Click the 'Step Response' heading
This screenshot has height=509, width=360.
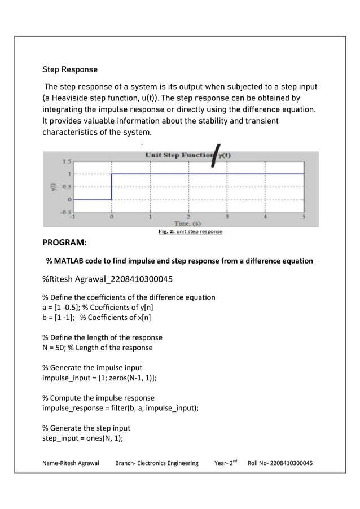click(70, 70)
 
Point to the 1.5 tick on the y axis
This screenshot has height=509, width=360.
click(67, 161)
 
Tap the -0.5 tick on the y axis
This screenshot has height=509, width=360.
click(65, 212)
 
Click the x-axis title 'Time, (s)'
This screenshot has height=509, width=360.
click(188, 223)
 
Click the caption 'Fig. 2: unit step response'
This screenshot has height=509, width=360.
click(188, 231)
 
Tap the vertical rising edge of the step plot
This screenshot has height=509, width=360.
click(112, 186)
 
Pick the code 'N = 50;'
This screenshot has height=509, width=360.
click(54, 348)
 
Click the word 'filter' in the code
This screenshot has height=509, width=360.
click(117, 408)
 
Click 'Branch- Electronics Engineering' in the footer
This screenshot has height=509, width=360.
click(156, 463)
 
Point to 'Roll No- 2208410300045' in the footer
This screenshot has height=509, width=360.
click(280, 463)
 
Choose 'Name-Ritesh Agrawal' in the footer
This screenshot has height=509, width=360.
click(71, 463)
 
